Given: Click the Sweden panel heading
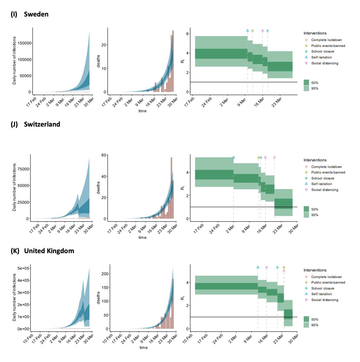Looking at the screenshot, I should point(36,14).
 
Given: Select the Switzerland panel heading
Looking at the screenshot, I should point(42,124).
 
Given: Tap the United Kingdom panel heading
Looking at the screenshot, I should point(49,251).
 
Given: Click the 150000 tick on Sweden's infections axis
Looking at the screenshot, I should point(25,43).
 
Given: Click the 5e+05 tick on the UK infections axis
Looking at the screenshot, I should point(24,268).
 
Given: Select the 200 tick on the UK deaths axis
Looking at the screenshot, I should point(105,274).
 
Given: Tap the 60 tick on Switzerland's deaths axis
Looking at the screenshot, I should point(104,155).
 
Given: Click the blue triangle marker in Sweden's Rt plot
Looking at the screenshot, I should point(247,30).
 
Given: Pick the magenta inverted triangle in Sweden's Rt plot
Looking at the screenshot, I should point(262,31).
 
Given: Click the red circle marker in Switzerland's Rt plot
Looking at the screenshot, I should point(274,158).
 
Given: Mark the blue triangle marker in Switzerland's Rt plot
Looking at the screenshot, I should point(233,157).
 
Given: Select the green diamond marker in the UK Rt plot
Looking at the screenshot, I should point(277,267).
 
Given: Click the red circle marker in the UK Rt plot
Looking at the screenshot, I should point(284,271).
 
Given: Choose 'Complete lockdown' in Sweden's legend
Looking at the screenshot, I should point(326,40).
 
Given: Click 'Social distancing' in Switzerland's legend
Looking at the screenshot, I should point(325,190).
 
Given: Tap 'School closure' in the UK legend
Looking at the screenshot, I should point(323,288).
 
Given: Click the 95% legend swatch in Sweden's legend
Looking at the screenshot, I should point(306,88).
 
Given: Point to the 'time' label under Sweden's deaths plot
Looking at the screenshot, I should point(142,111).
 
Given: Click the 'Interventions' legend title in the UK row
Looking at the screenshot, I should point(315,270).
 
